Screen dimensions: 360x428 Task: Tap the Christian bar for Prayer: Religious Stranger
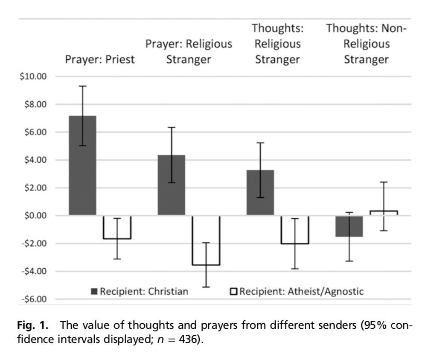click(171, 185)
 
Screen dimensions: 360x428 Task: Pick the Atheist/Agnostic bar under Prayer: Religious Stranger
click(206, 240)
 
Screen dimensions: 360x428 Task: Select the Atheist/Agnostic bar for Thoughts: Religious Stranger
click(294, 230)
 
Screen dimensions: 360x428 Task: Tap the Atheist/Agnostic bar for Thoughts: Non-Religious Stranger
click(384, 213)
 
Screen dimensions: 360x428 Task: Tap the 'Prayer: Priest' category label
click(99, 60)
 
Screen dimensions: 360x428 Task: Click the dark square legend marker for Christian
click(94, 292)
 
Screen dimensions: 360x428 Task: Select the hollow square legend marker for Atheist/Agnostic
click(234, 292)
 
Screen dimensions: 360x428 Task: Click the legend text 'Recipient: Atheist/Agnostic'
click(302, 292)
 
